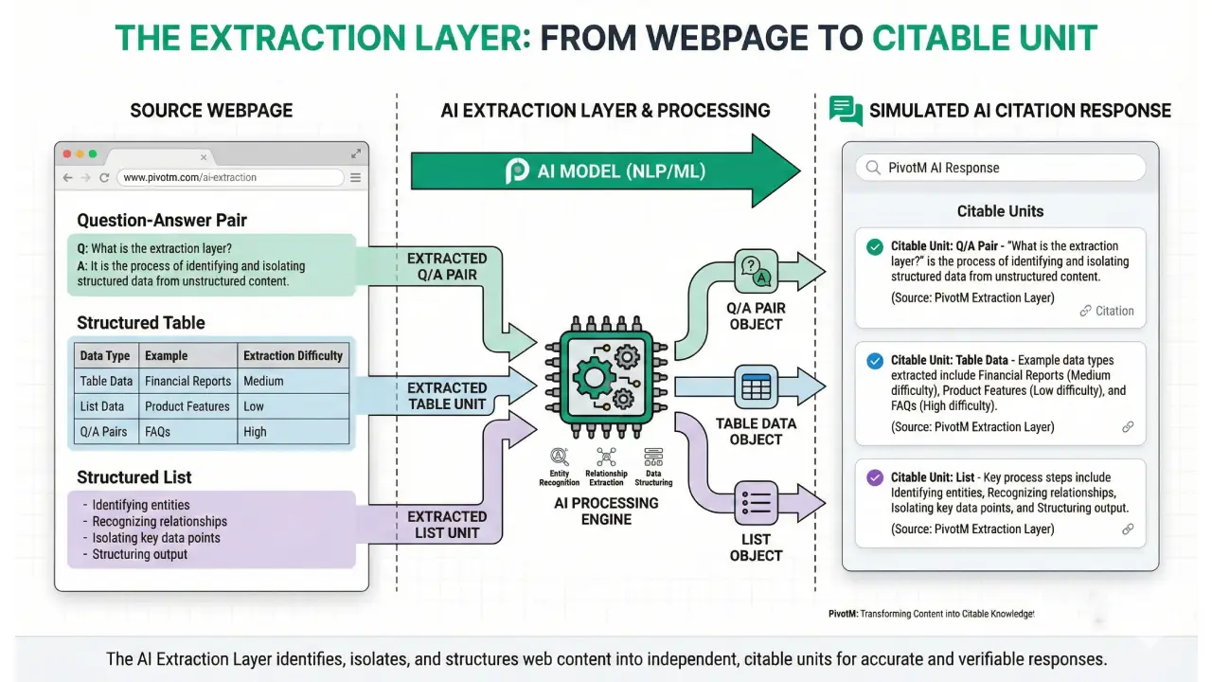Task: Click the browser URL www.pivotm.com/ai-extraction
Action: click(189, 177)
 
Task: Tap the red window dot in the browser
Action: click(67, 153)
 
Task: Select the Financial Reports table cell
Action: click(187, 381)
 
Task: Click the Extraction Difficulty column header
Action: click(293, 355)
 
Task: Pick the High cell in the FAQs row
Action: click(255, 432)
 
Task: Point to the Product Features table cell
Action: click(187, 406)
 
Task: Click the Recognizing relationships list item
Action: click(159, 521)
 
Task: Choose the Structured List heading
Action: click(134, 477)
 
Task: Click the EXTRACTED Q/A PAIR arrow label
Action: click(447, 266)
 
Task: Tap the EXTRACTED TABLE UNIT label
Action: click(447, 396)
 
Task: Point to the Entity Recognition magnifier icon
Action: click(559, 456)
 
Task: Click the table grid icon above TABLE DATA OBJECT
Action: click(757, 386)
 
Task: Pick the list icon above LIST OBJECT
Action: click(757, 501)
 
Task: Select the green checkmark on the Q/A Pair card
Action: click(875, 247)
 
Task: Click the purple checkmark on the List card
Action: click(875, 478)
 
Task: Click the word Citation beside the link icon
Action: click(1114, 311)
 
